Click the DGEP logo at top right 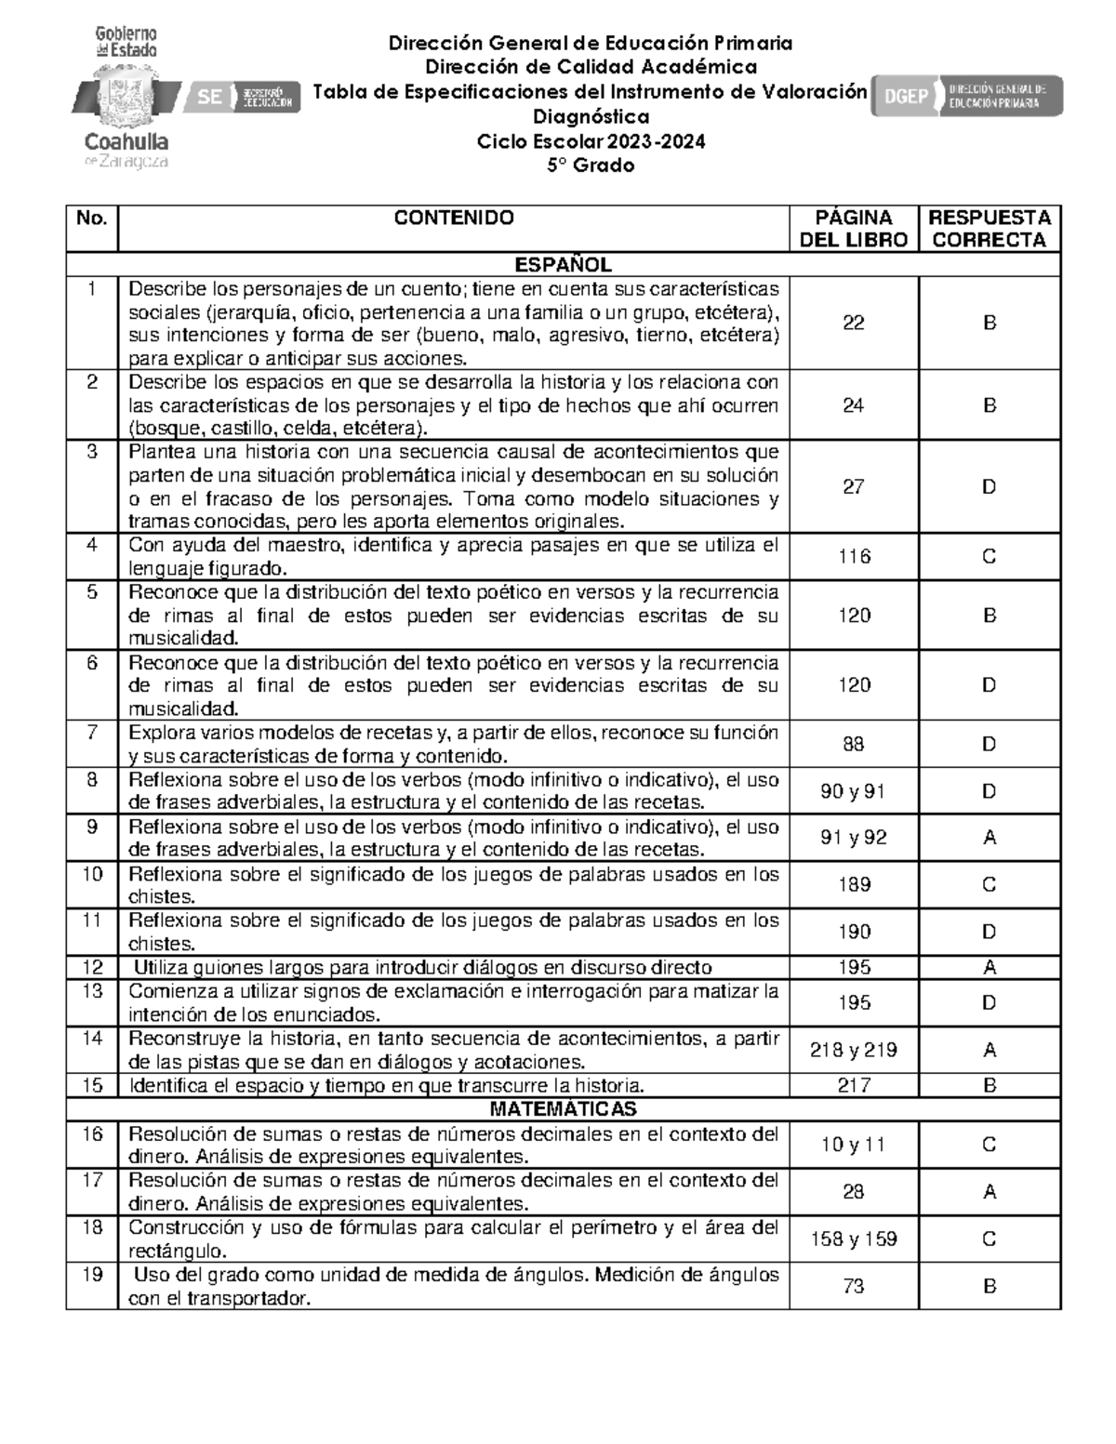point(966,96)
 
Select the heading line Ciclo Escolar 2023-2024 point(591,141)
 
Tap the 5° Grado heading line point(591,166)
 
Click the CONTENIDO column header point(453,219)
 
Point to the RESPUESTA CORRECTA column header point(990,229)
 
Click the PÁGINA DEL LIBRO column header point(853,229)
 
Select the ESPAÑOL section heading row point(563,265)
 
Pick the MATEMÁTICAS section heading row point(563,1109)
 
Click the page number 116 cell point(853,557)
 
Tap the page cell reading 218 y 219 point(853,1051)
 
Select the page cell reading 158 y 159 point(853,1239)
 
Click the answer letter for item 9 point(990,838)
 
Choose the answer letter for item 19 point(990,1287)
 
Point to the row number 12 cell point(92,968)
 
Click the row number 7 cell point(92,733)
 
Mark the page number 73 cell point(853,1287)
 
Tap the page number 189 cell point(853,885)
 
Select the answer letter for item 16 point(990,1145)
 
